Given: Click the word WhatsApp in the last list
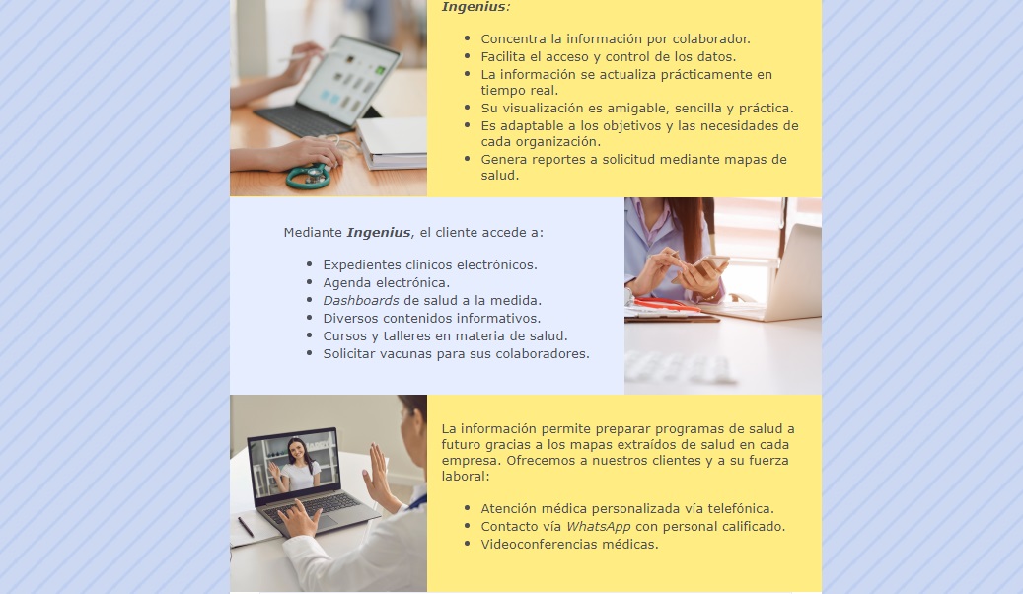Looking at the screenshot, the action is pyautogui.click(x=598, y=526).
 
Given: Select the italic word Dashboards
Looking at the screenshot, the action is pyautogui.click(x=361, y=300).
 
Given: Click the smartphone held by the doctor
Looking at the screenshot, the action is pyautogui.click(x=709, y=263).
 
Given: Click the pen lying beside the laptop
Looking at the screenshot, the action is pyautogui.click(x=246, y=527).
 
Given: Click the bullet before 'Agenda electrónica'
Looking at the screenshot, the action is pyautogui.click(x=309, y=282).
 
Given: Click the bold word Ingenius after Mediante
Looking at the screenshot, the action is pyautogui.click(x=379, y=233).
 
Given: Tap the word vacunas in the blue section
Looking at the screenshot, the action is pyautogui.click(x=403, y=354).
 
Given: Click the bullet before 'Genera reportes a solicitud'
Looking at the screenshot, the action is pyautogui.click(x=468, y=159).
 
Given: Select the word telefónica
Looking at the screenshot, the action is pyautogui.click(x=741, y=508).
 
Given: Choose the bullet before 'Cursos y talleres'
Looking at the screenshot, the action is pyautogui.click(x=309, y=336).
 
